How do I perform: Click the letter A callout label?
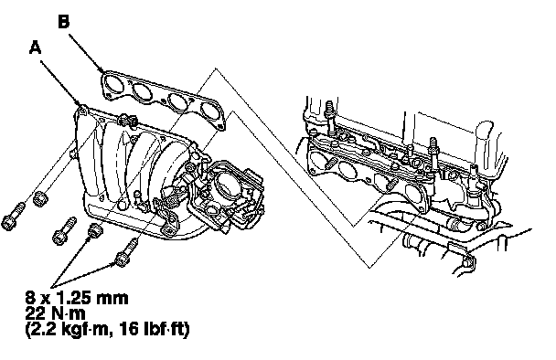[x=35, y=48]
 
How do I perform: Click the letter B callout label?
[x=63, y=22]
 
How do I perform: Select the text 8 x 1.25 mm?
[x=77, y=298]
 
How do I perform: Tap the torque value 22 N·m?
[x=55, y=314]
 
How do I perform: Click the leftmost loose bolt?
[x=14, y=217]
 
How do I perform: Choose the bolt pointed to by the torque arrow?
[x=125, y=253]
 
